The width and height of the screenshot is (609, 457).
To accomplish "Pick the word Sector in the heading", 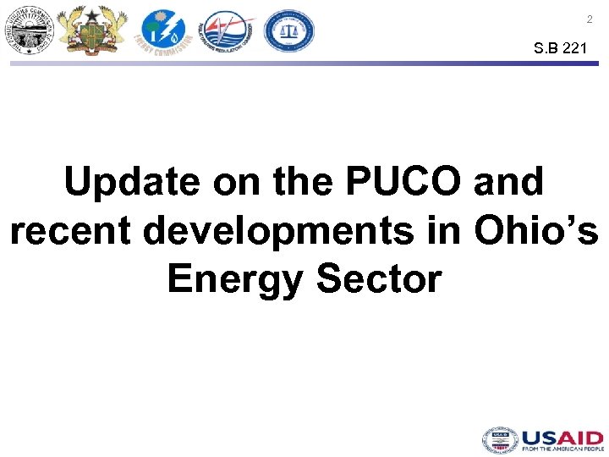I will (x=379, y=278).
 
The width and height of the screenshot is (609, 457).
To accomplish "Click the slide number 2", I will (x=590, y=19).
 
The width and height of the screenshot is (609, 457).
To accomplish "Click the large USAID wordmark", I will (x=562, y=437).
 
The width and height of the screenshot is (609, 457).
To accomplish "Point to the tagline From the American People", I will (x=562, y=450).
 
